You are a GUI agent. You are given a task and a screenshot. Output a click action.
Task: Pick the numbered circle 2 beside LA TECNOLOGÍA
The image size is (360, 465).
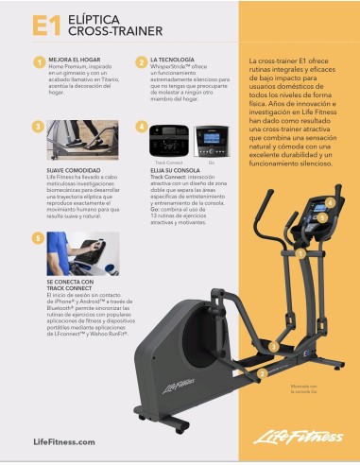[141, 62]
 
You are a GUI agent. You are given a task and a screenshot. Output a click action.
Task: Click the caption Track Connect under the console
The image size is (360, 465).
[168, 163]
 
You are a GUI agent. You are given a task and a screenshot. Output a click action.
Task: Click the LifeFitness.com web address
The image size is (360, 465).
[64, 441]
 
